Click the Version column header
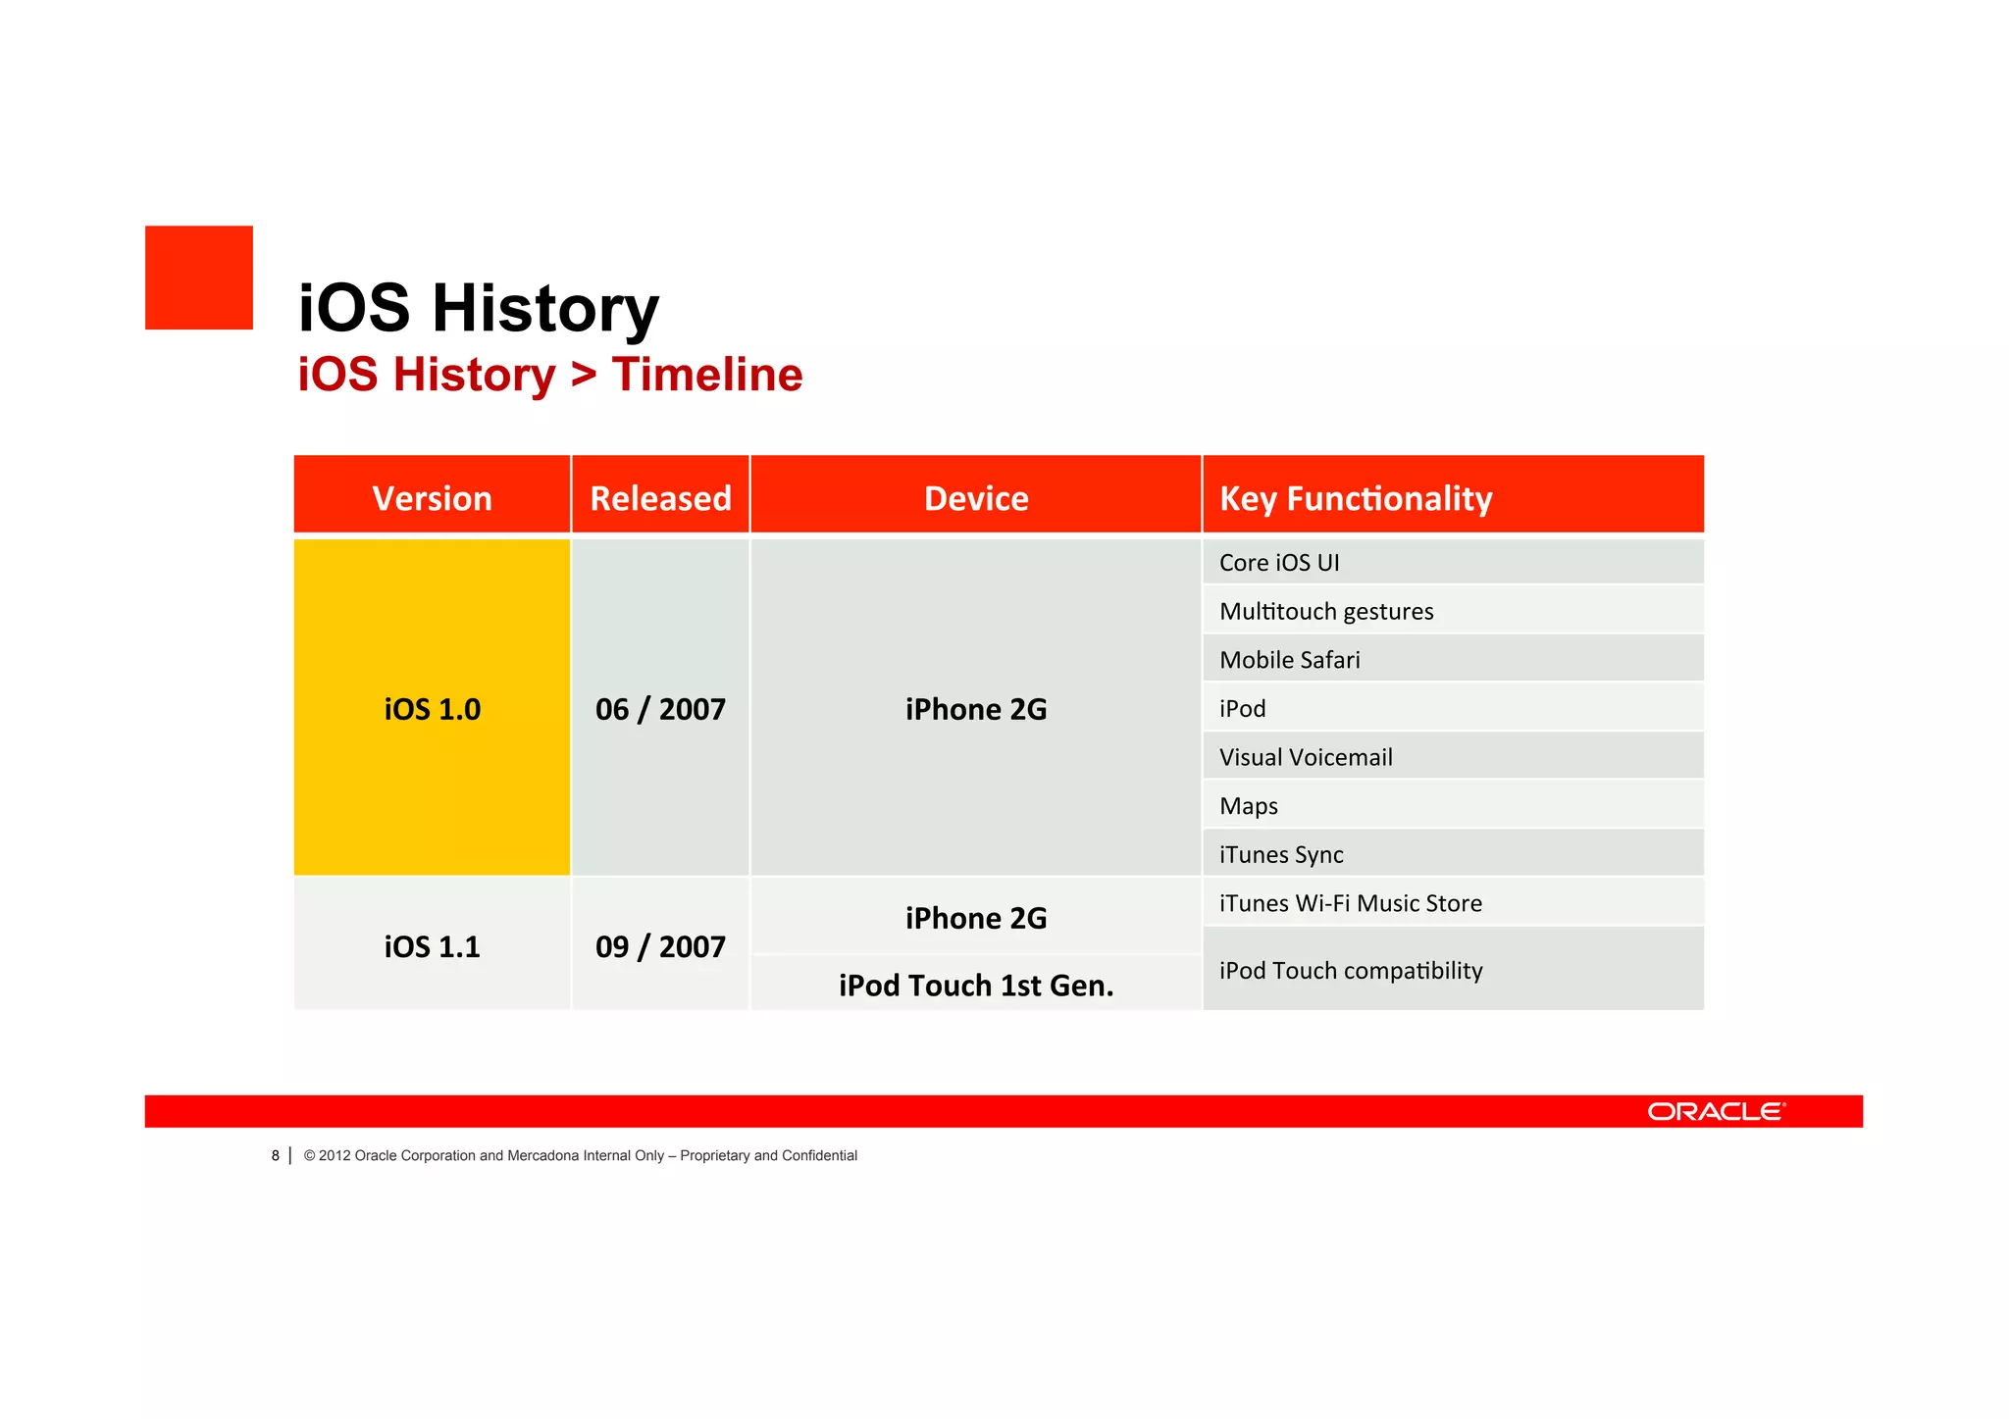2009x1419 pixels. tap(432, 498)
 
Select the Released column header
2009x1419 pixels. tap(660, 498)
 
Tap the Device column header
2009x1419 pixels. tap(976, 498)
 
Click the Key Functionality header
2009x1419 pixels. tap(1356, 498)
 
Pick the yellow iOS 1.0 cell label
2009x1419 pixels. tap(432, 709)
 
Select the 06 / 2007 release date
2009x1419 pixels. tap(660, 709)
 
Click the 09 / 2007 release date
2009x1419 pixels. tap(660, 946)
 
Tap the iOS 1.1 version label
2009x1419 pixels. tap(432, 946)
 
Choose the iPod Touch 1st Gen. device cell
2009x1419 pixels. tap(976, 985)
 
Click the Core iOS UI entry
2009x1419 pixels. tap(1279, 563)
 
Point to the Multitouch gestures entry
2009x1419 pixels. tap(1326, 611)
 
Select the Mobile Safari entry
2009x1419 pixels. tap(1290, 660)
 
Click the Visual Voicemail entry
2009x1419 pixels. tap(1306, 757)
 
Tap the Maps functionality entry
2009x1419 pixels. tap(1249, 806)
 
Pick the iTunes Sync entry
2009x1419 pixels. tap(1281, 854)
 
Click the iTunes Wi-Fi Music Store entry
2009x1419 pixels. tap(1351, 903)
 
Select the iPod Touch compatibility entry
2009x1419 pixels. tap(1351, 970)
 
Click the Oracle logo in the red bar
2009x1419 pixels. tap(1716, 1111)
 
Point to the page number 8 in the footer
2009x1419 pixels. tap(276, 1155)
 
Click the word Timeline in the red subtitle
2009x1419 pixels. tap(707, 375)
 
